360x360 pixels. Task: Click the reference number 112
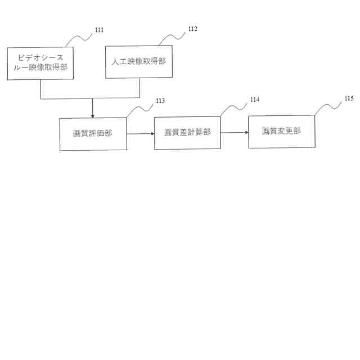192,29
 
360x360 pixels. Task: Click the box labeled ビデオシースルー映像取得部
40,64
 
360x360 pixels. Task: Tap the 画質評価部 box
93,134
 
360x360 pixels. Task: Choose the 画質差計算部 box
187,132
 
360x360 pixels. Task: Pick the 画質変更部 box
282,131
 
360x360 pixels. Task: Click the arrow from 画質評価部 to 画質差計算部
141,134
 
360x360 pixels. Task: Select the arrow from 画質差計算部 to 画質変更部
235,133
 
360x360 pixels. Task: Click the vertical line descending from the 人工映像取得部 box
139,88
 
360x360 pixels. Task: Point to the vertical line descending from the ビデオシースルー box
40,89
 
